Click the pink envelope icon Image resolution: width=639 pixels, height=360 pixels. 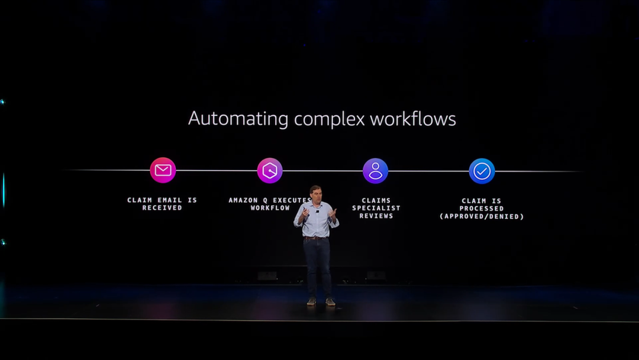[163, 171]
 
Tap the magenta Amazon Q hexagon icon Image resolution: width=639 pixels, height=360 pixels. [270, 171]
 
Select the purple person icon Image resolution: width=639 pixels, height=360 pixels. [376, 171]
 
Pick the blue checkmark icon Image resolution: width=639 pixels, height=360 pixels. [482, 171]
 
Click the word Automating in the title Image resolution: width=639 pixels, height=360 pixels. [238, 119]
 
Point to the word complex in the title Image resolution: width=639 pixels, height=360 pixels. [330, 120]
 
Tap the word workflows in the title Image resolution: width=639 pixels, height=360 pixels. [413, 119]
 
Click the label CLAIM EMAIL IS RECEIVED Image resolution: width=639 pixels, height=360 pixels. [162, 204]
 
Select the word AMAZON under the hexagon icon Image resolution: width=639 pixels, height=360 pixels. [244, 200]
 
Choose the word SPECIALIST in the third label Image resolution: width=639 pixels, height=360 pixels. [376, 208]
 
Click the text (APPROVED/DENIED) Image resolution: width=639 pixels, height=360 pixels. [482, 217]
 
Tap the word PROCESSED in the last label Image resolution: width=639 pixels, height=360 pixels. [482, 208]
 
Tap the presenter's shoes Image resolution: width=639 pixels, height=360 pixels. [321, 301]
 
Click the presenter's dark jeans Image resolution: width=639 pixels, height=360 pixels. [318, 266]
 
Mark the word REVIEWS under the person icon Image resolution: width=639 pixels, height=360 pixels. [376, 216]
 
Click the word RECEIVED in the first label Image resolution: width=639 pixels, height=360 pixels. [162, 208]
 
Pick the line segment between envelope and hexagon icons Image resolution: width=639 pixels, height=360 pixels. [216, 171]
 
